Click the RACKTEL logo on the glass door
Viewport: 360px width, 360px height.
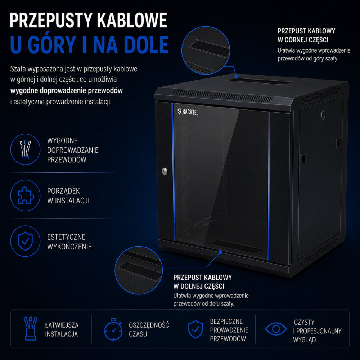point(188,112)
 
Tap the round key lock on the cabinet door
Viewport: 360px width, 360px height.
point(165,171)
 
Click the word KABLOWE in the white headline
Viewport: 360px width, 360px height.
point(132,21)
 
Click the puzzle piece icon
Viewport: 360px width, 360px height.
point(26,195)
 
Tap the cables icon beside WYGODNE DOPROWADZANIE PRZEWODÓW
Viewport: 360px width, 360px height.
point(25,149)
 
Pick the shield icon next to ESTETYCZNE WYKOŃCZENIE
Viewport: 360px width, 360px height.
point(25,241)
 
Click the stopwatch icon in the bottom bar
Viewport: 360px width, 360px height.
point(113,329)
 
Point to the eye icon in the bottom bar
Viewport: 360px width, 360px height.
point(276,329)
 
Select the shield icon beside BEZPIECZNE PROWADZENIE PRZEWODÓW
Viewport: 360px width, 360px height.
point(195,329)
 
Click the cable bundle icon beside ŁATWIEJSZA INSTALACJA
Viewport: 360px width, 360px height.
point(30,329)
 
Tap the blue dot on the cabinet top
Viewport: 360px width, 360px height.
point(236,77)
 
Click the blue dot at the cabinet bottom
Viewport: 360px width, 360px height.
point(220,252)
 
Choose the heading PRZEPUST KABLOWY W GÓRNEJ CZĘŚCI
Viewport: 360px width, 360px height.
point(306,35)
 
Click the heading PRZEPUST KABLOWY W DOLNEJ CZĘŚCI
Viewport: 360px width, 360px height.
point(202,282)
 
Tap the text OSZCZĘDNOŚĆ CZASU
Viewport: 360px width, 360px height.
point(149,329)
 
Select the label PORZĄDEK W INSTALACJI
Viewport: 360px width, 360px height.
point(68,196)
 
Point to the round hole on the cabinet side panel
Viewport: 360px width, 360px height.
point(323,114)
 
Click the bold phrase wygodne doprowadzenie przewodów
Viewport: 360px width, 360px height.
point(67,90)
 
